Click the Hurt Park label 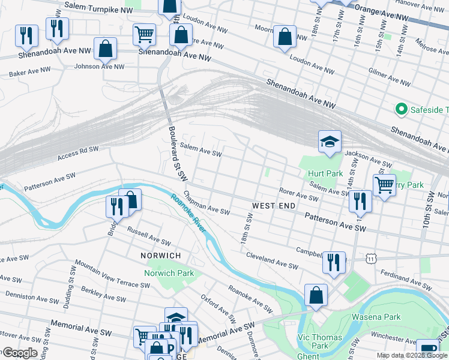[325, 174]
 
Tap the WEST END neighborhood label [273, 206]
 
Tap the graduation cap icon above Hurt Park [330, 142]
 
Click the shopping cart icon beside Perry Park [384, 185]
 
